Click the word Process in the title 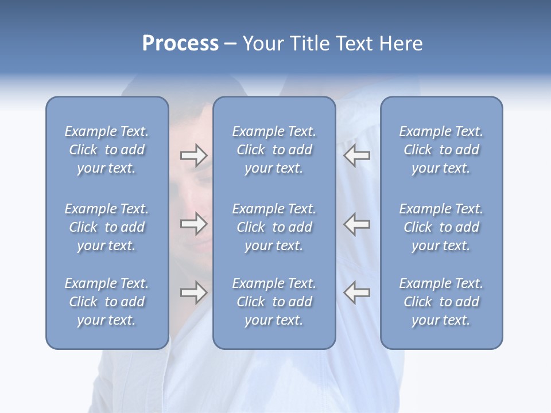[x=180, y=44]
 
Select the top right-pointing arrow [x=194, y=155]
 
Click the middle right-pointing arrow [x=194, y=224]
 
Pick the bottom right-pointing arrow [x=194, y=293]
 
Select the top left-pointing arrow [x=356, y=155]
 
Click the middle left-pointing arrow [x=356, y=224]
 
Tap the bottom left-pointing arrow [x=356, y=293]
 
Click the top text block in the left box [x=107, y=150]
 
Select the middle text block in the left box [x=107, y=227]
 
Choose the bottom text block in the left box [x=107, y=302]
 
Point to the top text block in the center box [x=274, y=150]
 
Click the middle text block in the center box [x=274, y=227]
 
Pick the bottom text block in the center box [x=274, y=302]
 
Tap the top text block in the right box [x=441, y=150]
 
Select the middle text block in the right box [x=441, y=227]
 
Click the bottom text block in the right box [x=441, y=302]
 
